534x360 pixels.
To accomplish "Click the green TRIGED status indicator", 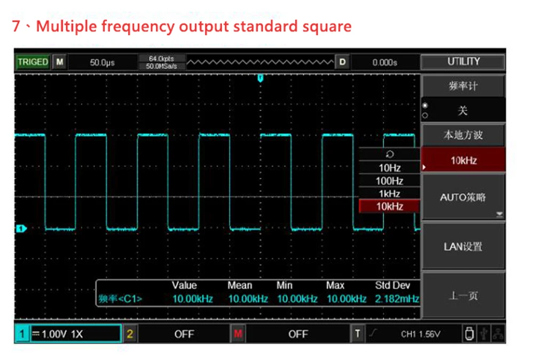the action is (33, 62).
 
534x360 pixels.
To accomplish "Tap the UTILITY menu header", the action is (463, 61).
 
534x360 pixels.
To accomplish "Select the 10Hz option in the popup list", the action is (389, 168).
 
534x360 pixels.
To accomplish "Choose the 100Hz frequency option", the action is (389, 181).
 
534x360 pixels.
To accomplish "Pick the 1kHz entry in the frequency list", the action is (389, 193).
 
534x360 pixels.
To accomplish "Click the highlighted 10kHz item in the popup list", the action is (389, 206).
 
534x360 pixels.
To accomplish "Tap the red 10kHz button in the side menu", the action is (463, 160).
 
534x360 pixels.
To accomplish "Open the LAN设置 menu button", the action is (463, 246).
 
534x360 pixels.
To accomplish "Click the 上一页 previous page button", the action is (463, 296).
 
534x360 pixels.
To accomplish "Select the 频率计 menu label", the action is (463, 86).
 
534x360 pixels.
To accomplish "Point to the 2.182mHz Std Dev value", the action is (397, 299).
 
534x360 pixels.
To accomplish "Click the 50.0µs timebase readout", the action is (102, 62).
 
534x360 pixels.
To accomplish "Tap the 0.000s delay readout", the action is (384, 62).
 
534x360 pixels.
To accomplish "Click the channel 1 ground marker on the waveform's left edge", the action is (21, 229).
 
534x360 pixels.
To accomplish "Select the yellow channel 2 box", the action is (130, 334).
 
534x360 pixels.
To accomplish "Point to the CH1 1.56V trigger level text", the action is (421, 334).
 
